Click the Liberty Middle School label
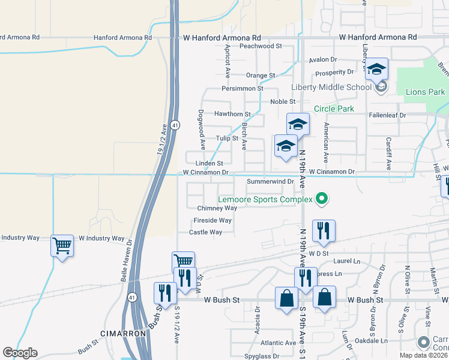point(331,87)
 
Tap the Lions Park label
point(425,92)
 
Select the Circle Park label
point(334,109)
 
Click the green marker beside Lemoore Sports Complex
point(322,199)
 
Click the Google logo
point(20,353)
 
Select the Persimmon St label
point(243,88)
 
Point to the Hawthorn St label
point(232,114)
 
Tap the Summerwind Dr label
point(270,181)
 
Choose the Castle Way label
point(205,232)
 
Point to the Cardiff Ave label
point(389,154)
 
